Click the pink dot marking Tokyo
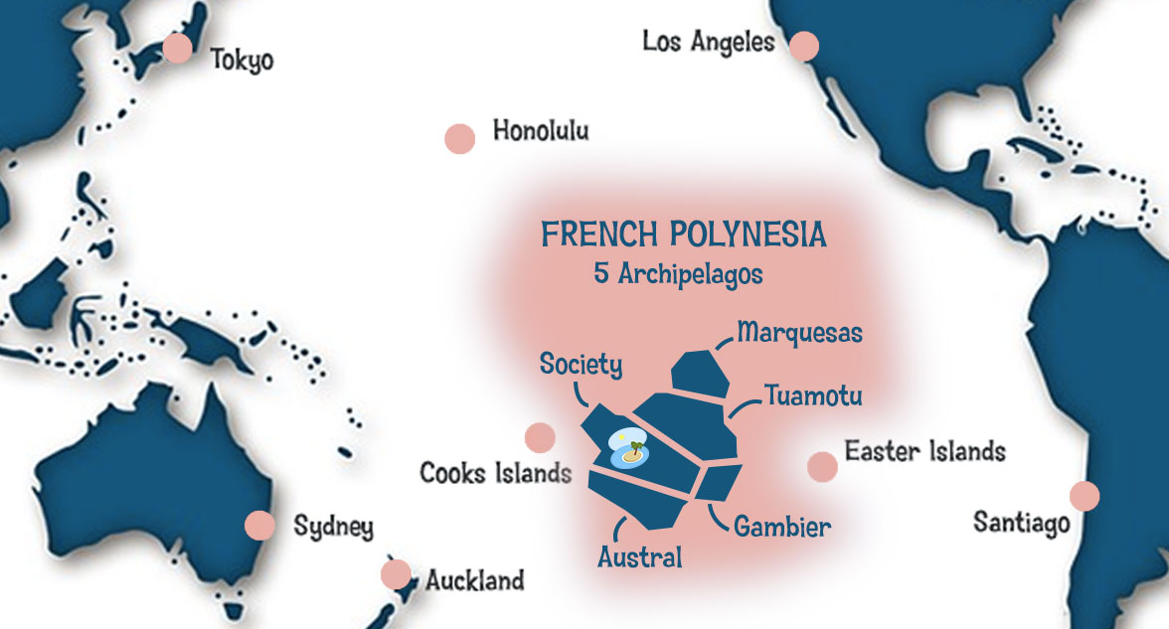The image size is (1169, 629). pos(178,48)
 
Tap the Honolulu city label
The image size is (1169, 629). pos(541,131)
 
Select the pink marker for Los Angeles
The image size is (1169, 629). pos(803,46)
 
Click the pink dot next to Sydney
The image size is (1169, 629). pos(259,525)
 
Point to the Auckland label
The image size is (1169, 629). pos(474,579)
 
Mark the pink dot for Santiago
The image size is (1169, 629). pos(1085,495)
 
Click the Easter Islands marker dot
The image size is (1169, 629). pos(822,466)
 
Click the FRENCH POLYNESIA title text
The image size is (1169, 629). pos(683,236)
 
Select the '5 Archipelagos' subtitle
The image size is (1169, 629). pos(678,274)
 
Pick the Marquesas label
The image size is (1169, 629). pos(799,332)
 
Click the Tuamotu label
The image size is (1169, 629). pos(812,396)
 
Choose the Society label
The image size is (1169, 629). pos(581,365)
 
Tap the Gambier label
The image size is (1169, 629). pos(781,526)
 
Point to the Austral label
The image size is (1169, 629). pos(639,557)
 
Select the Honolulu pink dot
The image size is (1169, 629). pos(459,138)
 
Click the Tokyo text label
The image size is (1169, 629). pos(242,61)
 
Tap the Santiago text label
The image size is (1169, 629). pos(1022,522)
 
